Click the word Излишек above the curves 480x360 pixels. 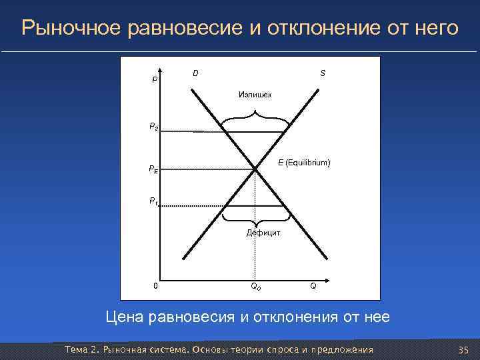(255, 95)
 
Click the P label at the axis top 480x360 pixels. (155, 79)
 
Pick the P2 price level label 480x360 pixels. (153, 125)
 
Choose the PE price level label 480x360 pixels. (153, 169)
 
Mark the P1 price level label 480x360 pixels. (153, 200)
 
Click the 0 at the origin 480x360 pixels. (155, 286)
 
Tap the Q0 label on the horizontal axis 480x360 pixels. (255, 287)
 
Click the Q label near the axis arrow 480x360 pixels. (313, 286)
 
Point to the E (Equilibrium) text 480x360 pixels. (304, 163)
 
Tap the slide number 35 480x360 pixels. (464, 350)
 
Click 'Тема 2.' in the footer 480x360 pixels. (81, 350)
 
